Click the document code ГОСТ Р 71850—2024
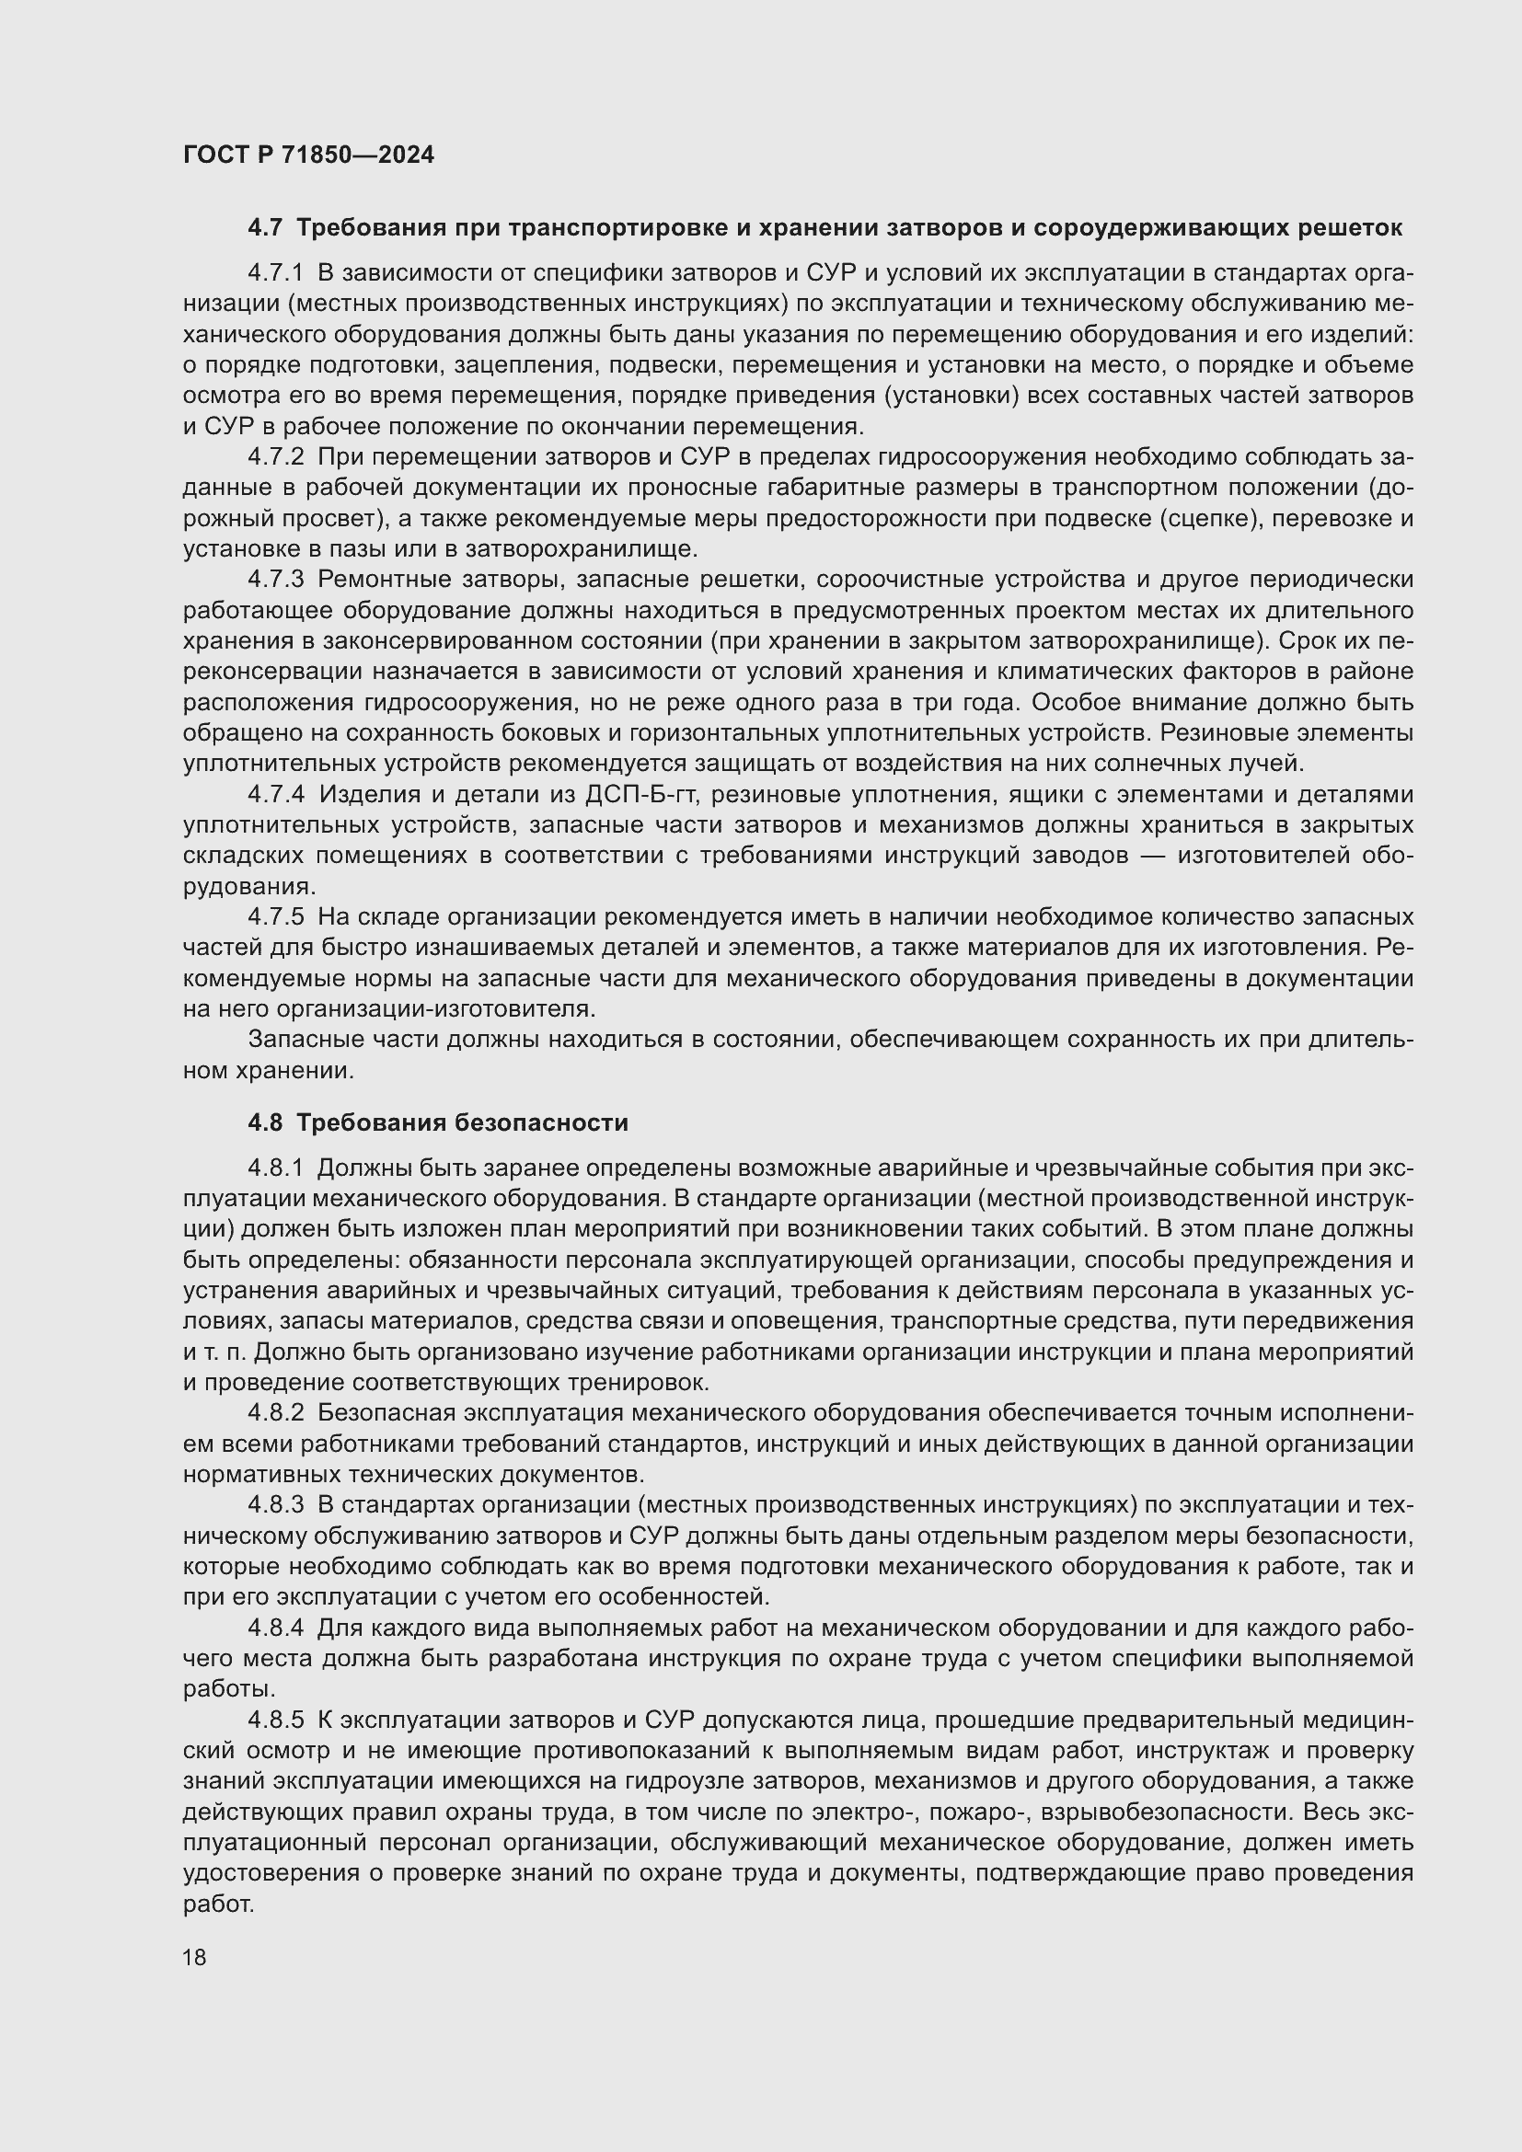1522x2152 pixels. click(x=308, y=155)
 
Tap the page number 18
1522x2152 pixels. click(x=195, y=1957)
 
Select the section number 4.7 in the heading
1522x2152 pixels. click(x=265, y=228)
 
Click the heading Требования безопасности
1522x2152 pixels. click(x=462, y=1122)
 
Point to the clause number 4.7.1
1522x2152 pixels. click(x=276, y=273)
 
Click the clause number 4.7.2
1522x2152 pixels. click(x=276, y=457)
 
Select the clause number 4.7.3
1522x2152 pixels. click(x=276, y=581)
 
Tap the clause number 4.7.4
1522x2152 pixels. click(x=276, y=795)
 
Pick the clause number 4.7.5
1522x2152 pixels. click(x=276, y=916)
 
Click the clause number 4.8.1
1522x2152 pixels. click(x=276, y=1168)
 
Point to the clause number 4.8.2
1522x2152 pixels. click(x=276, y=1412)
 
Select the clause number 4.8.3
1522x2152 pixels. click(x=276, y=1504)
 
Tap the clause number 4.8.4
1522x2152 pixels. click(x=276, y=1628)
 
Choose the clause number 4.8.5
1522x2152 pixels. click(x=276, y=1720)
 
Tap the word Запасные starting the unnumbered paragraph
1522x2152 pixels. click(x=295, y=1040)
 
